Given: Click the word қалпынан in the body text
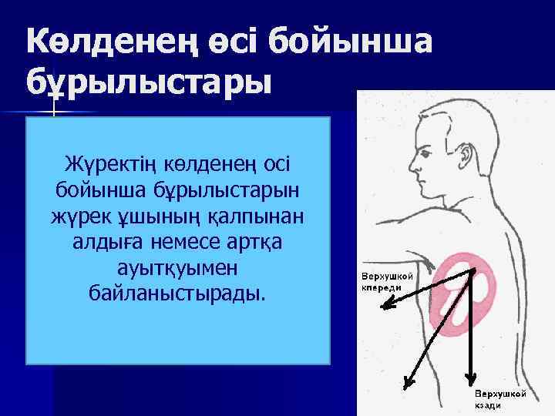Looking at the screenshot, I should pyautogui.click(x=262, y=216).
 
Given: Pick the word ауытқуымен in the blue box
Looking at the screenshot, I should pyautogui.click(x=178, y=267).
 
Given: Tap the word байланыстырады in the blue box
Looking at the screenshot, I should pyautogui.click(x=177, y=294).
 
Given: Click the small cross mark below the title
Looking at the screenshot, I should pyautogui.click(x=53, y=112).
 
